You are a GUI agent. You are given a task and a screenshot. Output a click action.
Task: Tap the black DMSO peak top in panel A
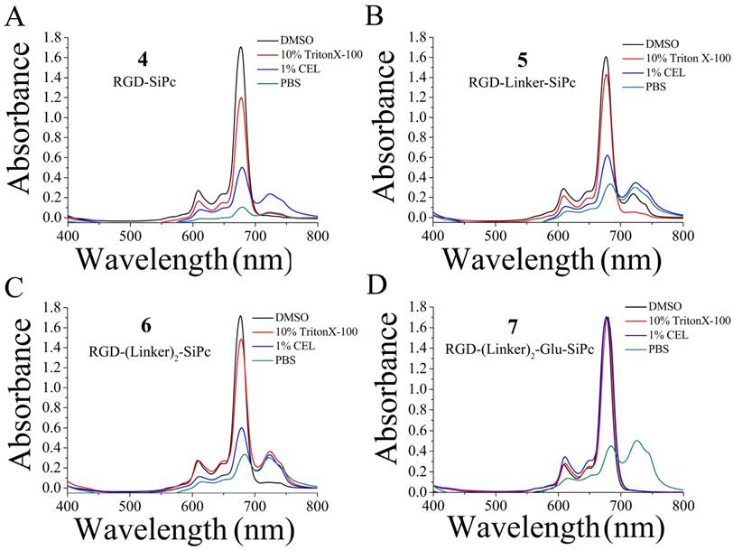coord(241,48)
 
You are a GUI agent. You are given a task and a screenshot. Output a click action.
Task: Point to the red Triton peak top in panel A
coord(241,98)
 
